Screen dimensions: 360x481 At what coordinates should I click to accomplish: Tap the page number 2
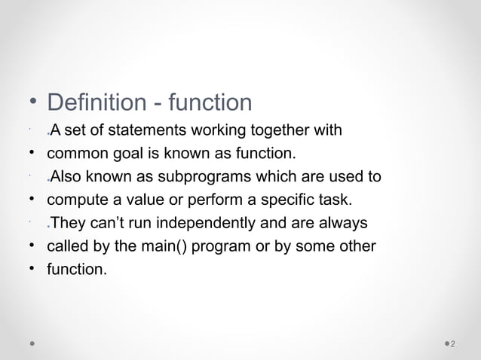point(452,344)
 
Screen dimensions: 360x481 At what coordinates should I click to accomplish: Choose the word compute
point(75,200)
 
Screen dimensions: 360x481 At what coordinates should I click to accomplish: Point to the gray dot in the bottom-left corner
point(32,343)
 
